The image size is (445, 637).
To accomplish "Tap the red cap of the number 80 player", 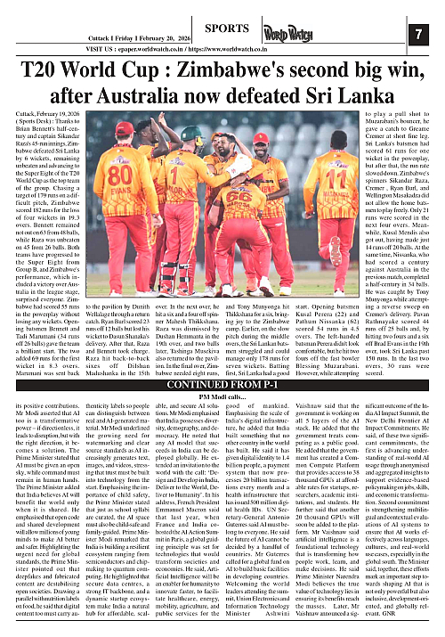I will click(125, 132).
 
